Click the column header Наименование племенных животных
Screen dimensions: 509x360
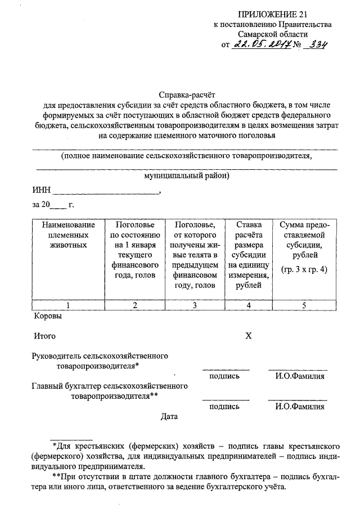point(68,235)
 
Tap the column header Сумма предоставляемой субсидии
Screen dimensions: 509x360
point(304,240)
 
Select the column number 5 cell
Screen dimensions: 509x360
point(304,305)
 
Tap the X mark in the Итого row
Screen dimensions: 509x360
point(249,336)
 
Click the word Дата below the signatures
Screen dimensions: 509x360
point(169,417)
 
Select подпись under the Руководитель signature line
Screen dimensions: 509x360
point(224,376)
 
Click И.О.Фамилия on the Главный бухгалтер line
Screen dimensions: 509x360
point(300,406)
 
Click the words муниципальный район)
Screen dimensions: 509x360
point(187,175)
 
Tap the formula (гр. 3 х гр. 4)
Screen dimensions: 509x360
point(304,269)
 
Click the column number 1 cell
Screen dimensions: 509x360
point(68,305)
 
